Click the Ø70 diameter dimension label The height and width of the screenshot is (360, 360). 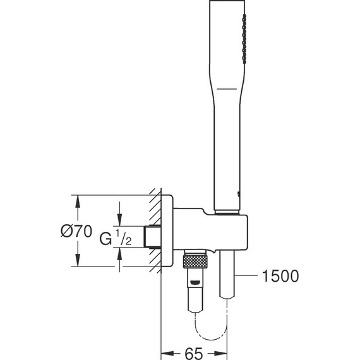76,231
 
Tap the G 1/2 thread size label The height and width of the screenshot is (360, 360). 116,237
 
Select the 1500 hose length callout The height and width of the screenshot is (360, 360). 280,276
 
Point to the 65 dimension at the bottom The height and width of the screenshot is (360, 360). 194,353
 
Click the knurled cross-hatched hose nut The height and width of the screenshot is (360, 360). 195,261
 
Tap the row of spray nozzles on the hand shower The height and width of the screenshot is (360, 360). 244,39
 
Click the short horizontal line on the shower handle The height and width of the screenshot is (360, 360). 227,88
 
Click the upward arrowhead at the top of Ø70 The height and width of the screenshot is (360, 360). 78,202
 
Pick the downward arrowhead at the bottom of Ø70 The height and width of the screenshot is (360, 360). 78,260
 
